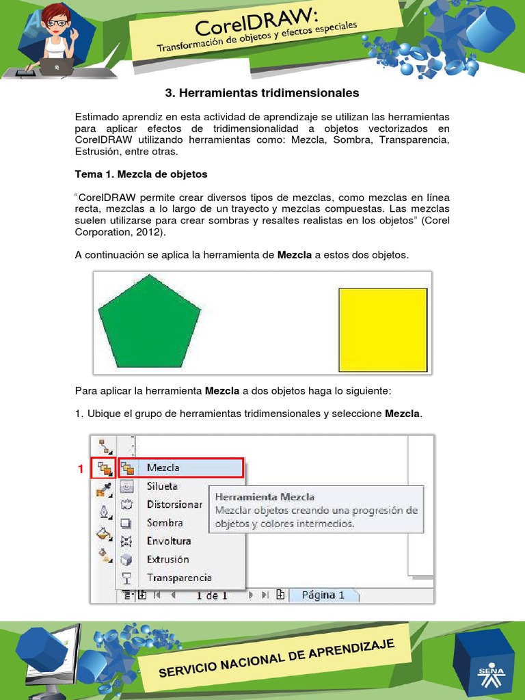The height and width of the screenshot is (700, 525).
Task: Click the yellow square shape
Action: tap(383, 329)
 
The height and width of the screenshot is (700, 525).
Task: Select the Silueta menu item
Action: tap(162, 486)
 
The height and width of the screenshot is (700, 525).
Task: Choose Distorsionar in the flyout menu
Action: tap(174, 504)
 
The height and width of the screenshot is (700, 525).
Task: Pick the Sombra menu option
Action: tap(165, 522)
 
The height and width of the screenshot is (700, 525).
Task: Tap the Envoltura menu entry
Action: tap(168, 541)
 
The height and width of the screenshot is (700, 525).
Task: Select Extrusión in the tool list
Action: tap(167, 559)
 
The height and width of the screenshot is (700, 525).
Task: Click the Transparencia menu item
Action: tap(179, 578)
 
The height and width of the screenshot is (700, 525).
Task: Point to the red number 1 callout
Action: tap(81, 469)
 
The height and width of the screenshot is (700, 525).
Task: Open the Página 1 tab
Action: tap(323, 595)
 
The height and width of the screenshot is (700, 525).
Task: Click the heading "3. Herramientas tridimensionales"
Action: tap(262, 92)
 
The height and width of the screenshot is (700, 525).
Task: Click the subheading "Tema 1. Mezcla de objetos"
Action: tap(141, 174)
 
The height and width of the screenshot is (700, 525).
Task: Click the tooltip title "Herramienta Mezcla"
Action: tap(265, 497)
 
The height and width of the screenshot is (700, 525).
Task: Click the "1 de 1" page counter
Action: tap(212, 595)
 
